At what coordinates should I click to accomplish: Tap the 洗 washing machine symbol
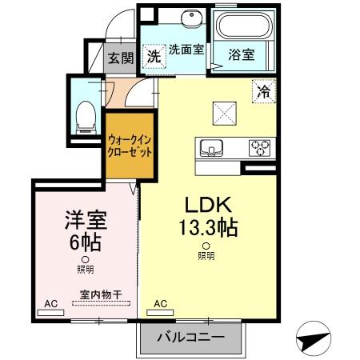153,56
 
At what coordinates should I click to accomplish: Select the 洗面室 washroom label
186,50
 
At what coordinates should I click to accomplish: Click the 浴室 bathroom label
241,55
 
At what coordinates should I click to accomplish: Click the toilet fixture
81,118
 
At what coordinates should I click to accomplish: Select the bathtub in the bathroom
244,28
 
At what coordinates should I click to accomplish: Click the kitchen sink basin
211,148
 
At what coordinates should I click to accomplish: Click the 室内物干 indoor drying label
100,294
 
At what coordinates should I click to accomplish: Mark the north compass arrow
314,338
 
